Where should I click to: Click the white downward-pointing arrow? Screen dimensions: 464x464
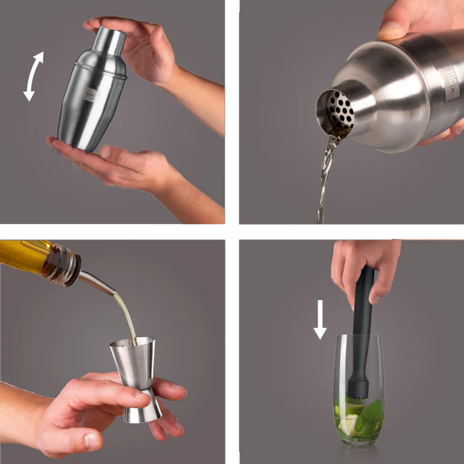click(x=320, y=321)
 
